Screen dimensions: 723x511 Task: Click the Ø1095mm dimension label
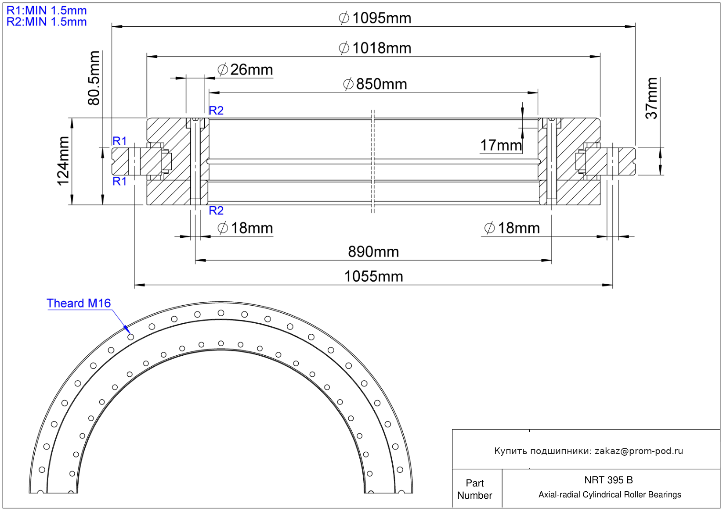(375, 18)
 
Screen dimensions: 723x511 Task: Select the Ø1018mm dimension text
(375, 48)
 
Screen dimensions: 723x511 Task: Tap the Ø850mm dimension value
(375, 84)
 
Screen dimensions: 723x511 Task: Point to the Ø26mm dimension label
(245, 70)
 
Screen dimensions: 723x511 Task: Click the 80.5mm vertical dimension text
(94, 78)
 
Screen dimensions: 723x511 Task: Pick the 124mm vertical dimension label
(63, 161)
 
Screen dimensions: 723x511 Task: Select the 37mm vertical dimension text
(651, 98)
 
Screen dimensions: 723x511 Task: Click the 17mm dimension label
(501, 145)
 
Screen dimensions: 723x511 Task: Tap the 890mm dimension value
(373, 252)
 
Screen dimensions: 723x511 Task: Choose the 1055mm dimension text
(374, 277)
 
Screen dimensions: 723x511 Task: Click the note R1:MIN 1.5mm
(47, 11)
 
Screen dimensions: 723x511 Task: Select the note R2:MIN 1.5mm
(47, 22)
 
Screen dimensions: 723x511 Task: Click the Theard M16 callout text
(79, 304)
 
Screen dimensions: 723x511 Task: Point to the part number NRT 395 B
(609, 480)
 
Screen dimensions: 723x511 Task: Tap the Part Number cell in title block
(475, 489)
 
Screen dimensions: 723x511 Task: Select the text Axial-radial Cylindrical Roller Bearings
(610, 495)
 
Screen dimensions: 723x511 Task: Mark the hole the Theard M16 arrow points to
(131, 337)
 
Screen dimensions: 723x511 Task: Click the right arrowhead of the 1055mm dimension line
(607, 285)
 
